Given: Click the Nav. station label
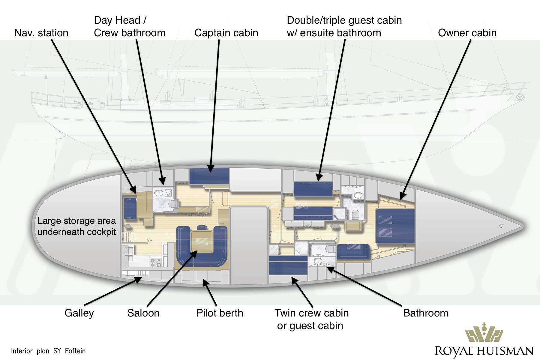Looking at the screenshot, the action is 41,33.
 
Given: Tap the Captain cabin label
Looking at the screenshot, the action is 226,33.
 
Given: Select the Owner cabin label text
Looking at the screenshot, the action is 467,33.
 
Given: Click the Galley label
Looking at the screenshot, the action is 79,313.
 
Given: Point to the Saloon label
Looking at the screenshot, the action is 143,313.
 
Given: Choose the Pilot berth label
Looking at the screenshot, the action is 220,313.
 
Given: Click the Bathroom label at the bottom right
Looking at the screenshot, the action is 425,313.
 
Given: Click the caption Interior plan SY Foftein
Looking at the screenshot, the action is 48,351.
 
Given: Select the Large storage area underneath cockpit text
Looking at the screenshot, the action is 76,226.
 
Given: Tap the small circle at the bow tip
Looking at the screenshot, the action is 500,226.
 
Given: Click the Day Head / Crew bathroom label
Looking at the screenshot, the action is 130,26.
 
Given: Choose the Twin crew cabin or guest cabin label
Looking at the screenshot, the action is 311,319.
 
